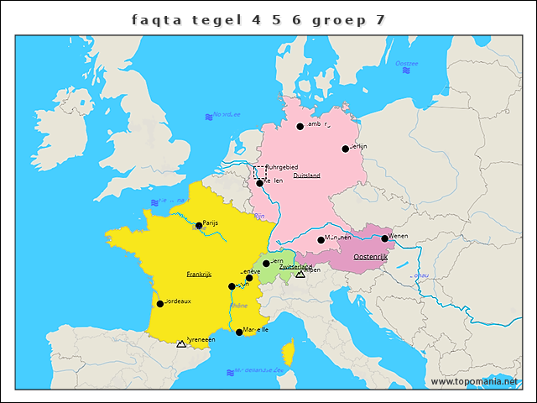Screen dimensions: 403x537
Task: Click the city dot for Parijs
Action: point(199,225)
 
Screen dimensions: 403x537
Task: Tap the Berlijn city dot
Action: point(345,149)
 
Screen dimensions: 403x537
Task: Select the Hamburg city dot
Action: point(300,127)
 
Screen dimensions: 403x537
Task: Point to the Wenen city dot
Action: point(384,238)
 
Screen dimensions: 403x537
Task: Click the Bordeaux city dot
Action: point(159,303)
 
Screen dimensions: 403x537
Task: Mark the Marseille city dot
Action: point(239,332)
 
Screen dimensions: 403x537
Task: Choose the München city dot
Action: point(321,240)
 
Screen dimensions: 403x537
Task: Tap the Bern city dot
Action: point(266,264)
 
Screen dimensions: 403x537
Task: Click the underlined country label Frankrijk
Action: point(199,275)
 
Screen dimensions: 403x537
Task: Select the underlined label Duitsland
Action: point(306,176)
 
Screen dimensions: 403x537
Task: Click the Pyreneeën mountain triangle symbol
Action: point(181,343)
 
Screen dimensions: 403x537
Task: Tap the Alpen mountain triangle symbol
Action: point(300,275)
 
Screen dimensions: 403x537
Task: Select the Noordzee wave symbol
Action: point(208,117)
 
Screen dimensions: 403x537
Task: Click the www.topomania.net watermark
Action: point(474,381)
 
